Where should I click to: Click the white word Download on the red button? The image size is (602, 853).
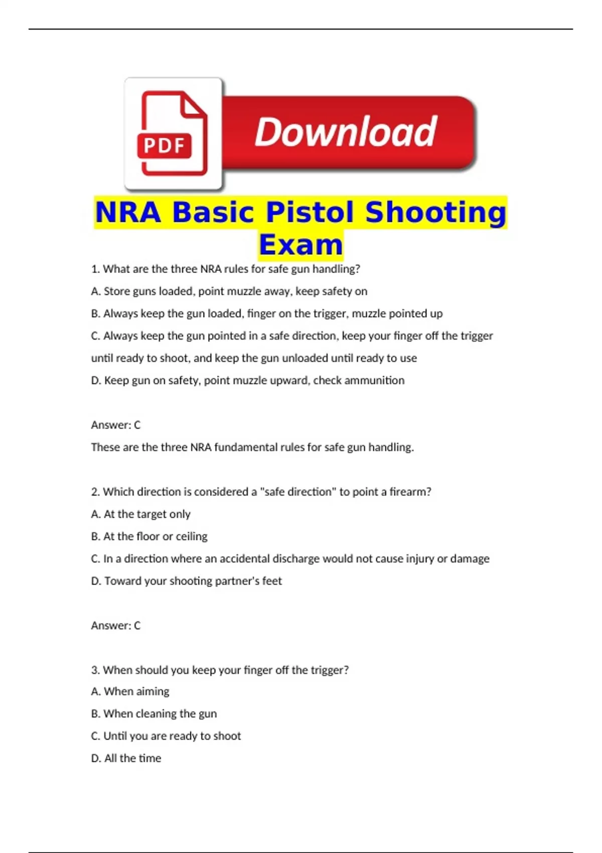346,131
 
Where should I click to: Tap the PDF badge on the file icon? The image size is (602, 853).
164,146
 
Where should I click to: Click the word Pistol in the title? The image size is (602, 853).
310,212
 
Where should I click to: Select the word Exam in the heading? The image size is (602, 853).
301,245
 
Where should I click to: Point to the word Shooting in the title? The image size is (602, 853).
435,212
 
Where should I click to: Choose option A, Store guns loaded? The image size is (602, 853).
229,292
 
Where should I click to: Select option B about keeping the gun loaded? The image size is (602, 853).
266,314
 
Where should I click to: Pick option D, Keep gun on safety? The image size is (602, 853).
247,380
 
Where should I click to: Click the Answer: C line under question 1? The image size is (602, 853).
116,425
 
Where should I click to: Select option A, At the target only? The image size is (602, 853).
140,514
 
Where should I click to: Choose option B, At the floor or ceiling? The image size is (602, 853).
149,536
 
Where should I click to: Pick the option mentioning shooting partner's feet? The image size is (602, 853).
186,581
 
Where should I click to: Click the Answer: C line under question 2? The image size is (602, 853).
116,626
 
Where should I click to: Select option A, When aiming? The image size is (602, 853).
130,691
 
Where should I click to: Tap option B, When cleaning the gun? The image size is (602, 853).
154,714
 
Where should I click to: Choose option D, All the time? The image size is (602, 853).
126,758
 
